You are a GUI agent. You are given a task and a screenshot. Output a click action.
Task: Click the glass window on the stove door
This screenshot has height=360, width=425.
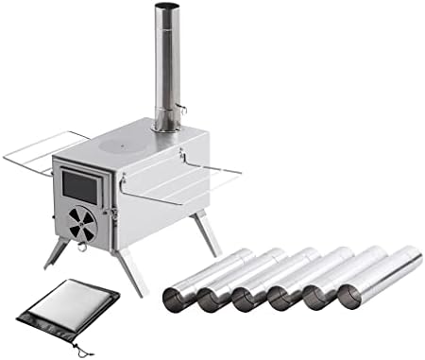(x=79, y=187)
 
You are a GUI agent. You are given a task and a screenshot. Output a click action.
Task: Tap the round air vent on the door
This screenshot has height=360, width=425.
(x=83, y=222)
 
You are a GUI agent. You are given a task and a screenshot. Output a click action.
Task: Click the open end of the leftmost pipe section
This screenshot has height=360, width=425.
(x=176, y=299)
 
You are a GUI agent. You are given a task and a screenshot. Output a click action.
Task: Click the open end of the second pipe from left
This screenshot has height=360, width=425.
(x=211, y=299)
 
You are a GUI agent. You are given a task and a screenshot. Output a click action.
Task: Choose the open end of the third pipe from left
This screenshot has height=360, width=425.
(x=246, y=299)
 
